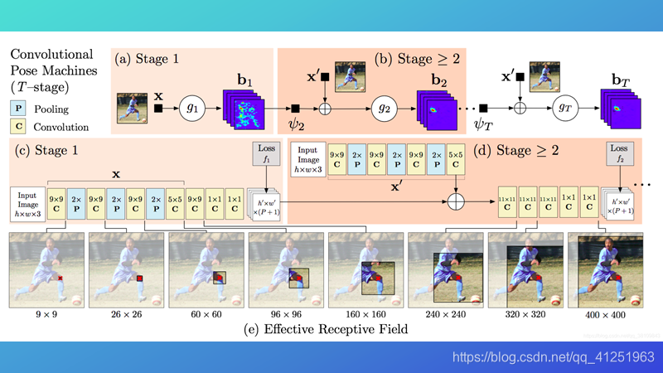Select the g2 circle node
[x=384, y=108]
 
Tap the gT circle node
[x=563, y=108]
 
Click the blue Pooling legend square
[x=18, y=108]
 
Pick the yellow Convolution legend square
[x=18, y=127]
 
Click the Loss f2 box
[x=619, y=155]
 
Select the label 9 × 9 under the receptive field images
[x=46, y=315]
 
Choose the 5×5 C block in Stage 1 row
[x=175, y=203]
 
